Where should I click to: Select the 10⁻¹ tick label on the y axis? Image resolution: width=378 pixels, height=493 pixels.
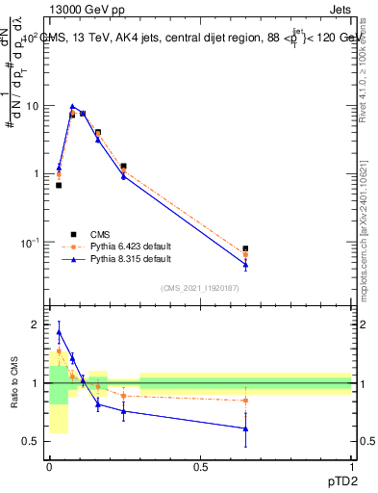tap(30, 242)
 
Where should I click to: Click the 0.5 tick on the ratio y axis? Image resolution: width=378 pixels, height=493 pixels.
tap(34, 441)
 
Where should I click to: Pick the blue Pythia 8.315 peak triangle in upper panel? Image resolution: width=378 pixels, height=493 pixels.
tap(72, 107)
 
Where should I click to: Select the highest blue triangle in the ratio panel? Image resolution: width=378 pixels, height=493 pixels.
tap(59, 332)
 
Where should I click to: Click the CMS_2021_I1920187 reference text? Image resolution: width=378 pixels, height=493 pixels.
tap(199, 289)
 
